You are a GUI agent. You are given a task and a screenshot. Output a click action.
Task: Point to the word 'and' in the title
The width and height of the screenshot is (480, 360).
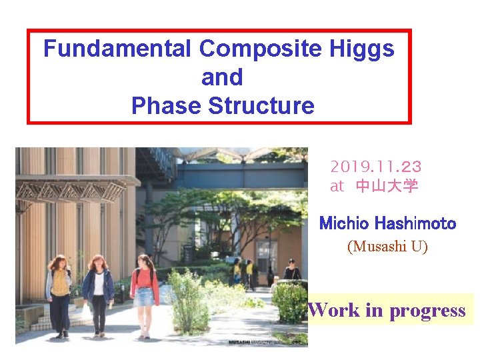click(x=222, y=77)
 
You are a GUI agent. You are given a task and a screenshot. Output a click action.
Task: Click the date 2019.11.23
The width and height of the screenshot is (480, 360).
click(x=375, y=166)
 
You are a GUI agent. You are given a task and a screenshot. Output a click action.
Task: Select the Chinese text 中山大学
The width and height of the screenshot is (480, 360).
click(x=387, y=186)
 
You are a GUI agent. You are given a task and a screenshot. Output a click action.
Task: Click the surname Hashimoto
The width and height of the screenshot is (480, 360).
click(x=415, y=223)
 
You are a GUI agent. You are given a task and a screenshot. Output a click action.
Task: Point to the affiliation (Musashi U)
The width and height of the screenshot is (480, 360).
click(x=387, y=247)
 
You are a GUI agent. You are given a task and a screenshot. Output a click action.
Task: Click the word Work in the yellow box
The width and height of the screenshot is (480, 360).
click(x=334, y=310)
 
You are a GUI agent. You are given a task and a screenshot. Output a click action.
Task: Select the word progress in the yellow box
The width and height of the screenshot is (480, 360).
click(x=427, y=311)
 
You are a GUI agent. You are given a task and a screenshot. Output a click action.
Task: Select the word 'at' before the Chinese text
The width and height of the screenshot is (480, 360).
click(x=337, y=187)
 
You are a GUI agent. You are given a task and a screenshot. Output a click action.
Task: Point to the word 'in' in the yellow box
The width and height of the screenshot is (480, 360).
click(x=375, y=310)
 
